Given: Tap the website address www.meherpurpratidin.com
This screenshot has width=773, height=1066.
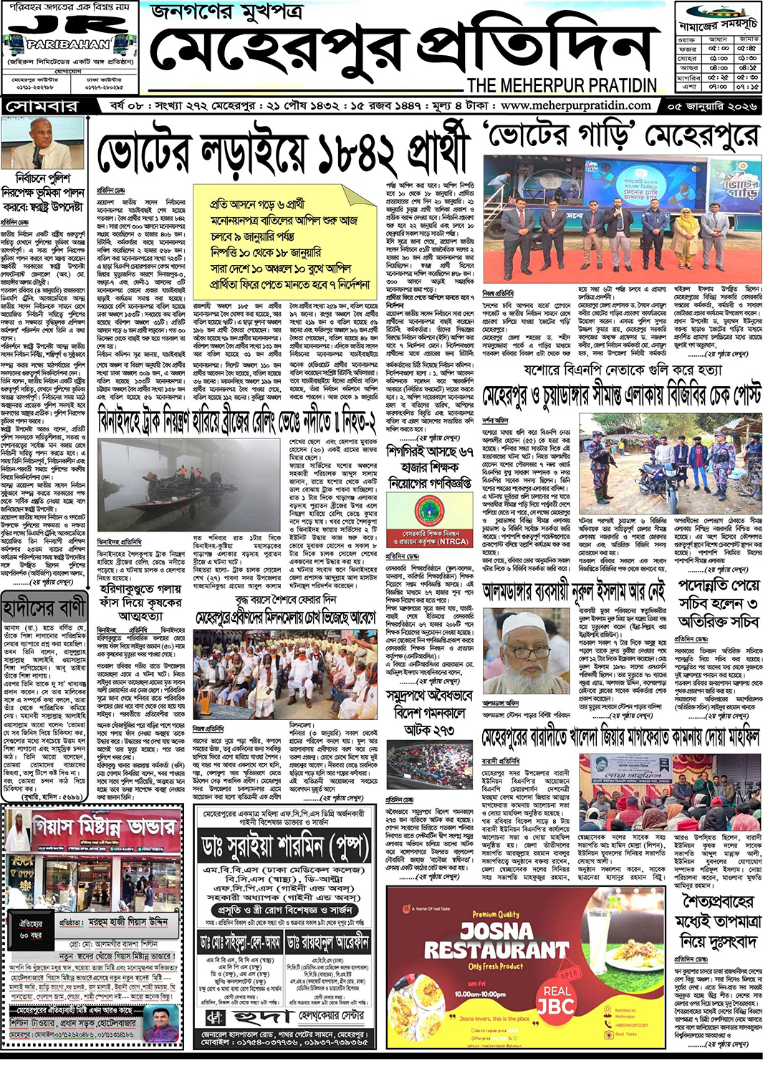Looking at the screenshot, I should (576, 105).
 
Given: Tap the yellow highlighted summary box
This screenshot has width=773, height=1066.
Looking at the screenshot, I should (285, 242).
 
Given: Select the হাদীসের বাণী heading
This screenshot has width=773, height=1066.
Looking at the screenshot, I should (44, 609).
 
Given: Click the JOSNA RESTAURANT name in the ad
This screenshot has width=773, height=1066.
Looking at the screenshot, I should (497, 941).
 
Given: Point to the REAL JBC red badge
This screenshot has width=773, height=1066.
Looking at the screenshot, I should (557, 999).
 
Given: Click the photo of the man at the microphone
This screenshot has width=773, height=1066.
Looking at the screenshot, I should (42, 144).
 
